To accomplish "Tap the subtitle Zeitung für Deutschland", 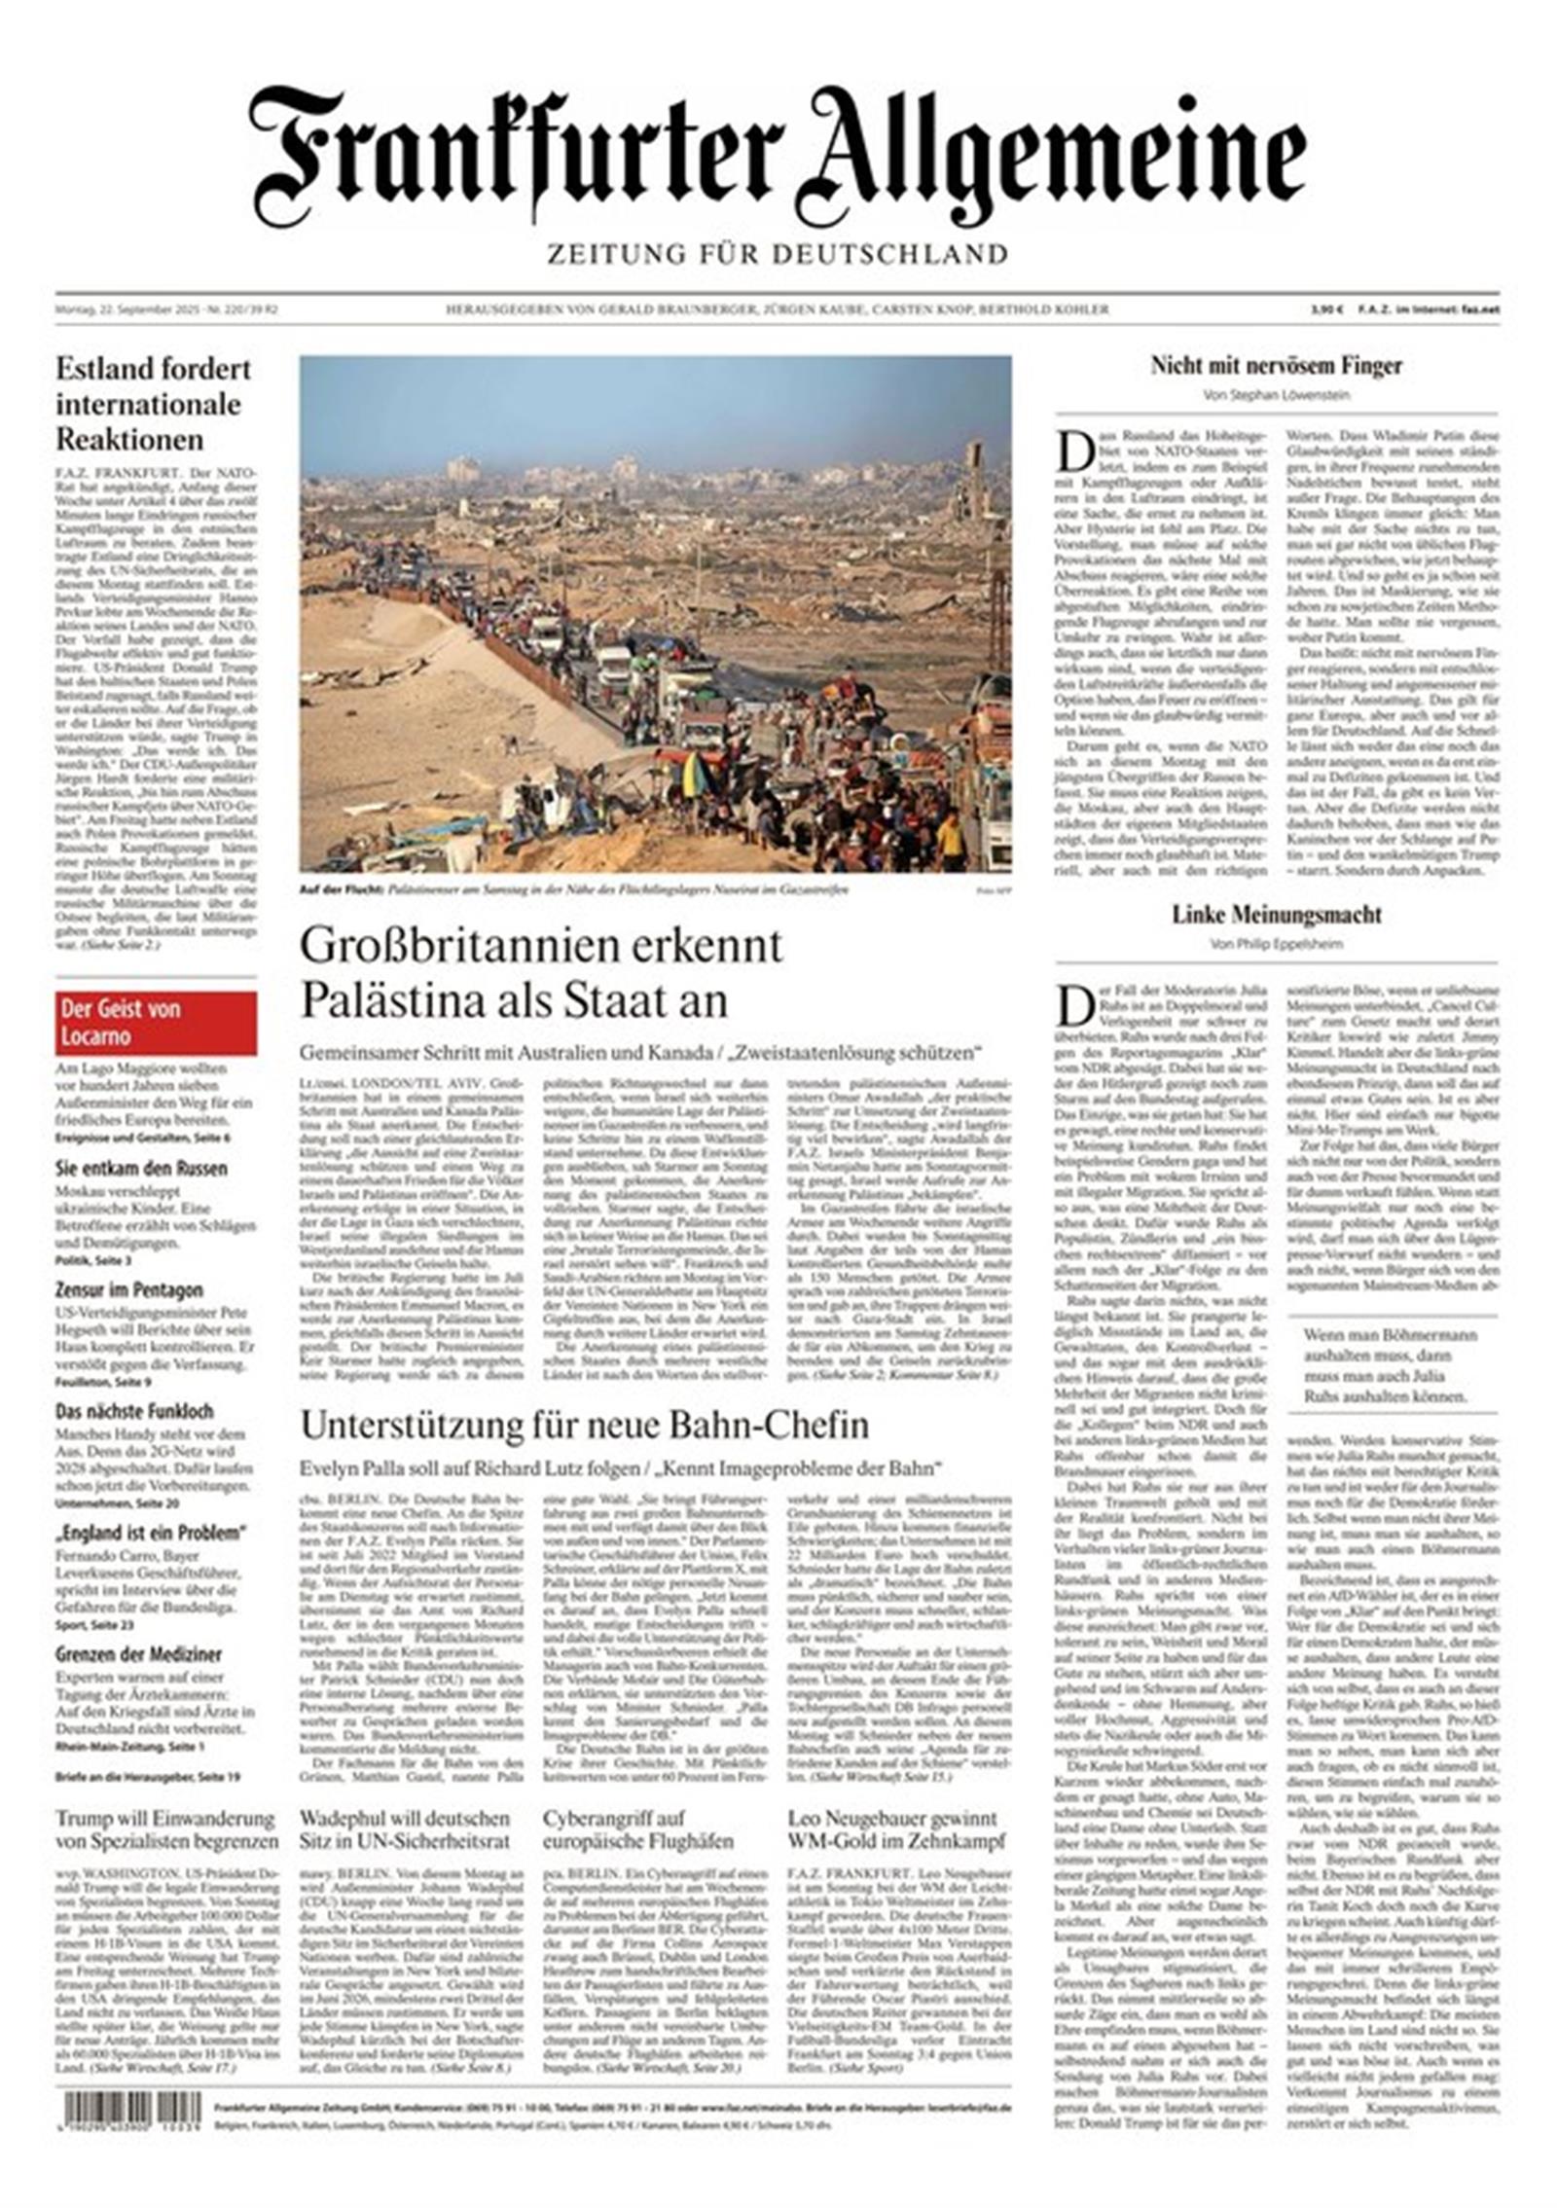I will click(777, 254).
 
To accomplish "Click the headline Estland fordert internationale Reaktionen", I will click(153, 404).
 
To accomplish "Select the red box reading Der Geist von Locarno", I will click(156, 1022).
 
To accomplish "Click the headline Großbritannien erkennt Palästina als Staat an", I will click(541, 972).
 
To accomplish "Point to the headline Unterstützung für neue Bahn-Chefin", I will click(584, 1426).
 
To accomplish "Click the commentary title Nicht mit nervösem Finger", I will click(1276, 366).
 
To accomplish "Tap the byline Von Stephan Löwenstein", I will click(1276, 395).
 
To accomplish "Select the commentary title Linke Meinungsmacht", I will click(1276, 915).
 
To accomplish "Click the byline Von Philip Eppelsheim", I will click(1276, 944).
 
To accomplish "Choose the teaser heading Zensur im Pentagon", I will click(129, 1290).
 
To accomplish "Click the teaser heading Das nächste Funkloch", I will click(134, 1411).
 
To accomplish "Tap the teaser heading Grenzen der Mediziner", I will click(138, 1654).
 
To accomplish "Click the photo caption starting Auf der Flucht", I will click(574, 890).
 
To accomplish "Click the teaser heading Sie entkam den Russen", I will click(141, 1169).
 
